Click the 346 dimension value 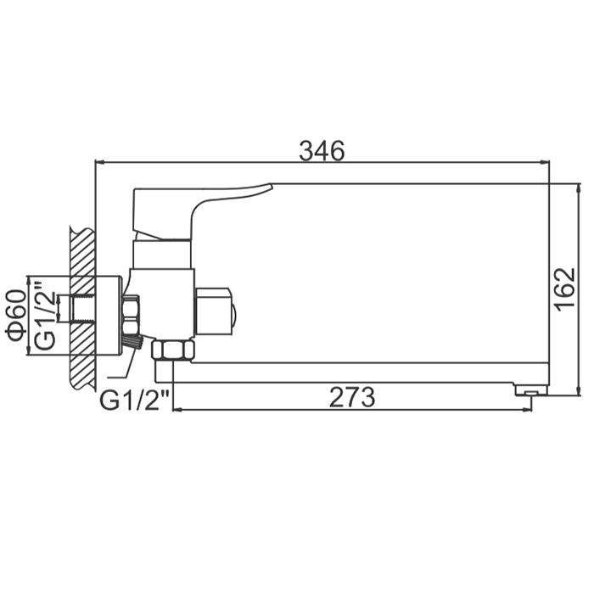click(x=322, y=151)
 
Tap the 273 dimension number click(x=352, y=397)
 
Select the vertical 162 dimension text click(x=566, y=289)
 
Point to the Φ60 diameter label click(x=16, y=315)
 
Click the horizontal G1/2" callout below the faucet click(x=134, y=400)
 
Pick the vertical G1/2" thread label click(x=45, y=315)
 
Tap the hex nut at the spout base click(x=173, y=350)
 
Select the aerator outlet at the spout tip click(x=531, y=391)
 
